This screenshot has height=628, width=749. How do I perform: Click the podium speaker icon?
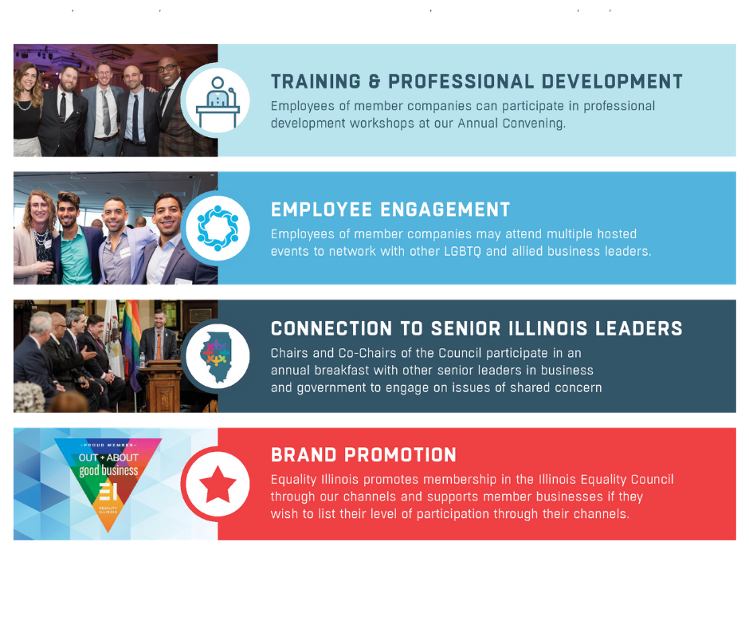tap(218, 102)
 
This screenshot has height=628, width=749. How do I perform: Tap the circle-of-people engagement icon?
tap(218, 228)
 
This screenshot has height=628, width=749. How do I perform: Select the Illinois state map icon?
tap(218, 356)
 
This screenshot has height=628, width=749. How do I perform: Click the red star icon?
tap(218, 484)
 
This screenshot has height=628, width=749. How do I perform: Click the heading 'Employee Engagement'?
tap(390, 210)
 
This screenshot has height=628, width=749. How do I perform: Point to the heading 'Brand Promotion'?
tap(363, 455)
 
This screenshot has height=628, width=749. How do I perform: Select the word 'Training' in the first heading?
tap(316, 82)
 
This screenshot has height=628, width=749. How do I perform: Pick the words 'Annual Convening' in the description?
tap(511, 124)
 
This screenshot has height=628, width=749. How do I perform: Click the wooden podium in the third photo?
tap(162, 384)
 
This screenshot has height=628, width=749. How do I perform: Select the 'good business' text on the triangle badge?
tap(108, 471)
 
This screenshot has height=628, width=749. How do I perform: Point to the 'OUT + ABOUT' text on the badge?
tap(108, 457)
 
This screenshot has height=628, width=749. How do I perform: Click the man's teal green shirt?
tap(76, 256)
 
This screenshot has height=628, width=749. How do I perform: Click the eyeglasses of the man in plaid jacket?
tap(167, 69)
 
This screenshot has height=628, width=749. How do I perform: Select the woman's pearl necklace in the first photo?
tap(24, 104)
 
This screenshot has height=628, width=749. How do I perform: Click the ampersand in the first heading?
tap(374, 82)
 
